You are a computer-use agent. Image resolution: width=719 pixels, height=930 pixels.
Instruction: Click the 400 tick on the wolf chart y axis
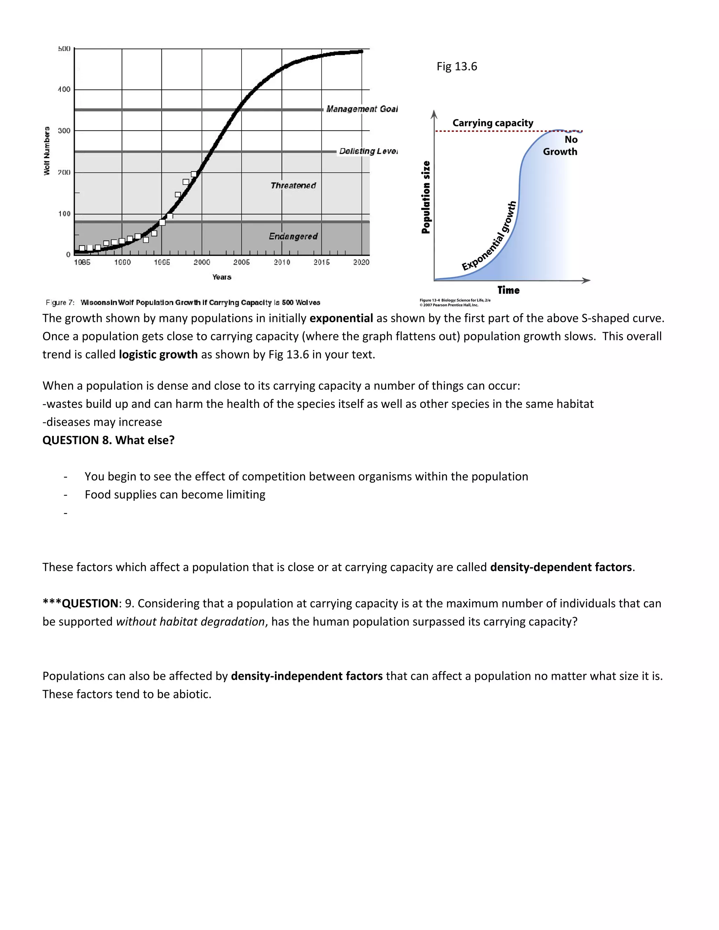point(64,89)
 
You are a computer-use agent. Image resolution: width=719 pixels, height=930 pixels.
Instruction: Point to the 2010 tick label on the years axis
point(282,262)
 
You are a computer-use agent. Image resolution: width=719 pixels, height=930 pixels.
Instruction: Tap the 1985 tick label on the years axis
point(82,262)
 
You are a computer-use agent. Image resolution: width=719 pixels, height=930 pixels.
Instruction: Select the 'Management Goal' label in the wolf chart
point(362,109)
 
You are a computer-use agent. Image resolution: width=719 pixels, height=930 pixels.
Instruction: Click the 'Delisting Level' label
point(368,151)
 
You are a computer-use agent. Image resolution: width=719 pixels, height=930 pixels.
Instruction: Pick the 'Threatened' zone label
point(293,186)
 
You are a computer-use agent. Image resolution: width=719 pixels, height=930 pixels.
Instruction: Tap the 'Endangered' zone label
point(293,236)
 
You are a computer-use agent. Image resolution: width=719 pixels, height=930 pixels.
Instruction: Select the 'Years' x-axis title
point(222,277)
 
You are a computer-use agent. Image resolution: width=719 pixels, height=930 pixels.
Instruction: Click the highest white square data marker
point(194,174)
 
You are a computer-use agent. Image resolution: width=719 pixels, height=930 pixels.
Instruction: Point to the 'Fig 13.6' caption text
point(457,66)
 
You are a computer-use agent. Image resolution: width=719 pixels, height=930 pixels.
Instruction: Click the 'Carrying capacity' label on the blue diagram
point(493,123)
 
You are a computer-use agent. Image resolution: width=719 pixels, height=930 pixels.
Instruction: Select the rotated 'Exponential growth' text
point(490,237)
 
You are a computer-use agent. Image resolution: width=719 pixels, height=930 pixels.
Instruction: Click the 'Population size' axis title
point(426,197)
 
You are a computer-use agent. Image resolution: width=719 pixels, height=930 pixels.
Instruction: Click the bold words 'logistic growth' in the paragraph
point(158,355)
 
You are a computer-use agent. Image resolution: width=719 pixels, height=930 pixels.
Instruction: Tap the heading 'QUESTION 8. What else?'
point(108,440)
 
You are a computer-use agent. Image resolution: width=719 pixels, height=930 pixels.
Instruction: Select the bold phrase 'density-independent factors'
point(307,676)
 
